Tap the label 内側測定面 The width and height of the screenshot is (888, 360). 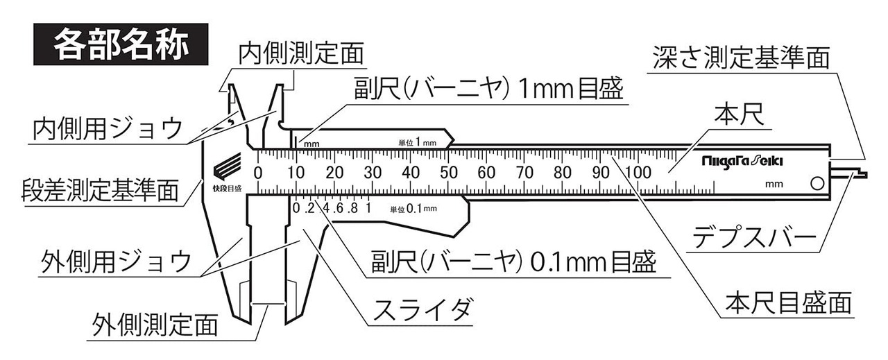pyautogui.click(x=301, y=54)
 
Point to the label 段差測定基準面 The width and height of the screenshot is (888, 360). pyautogui.click(x=96, y=189)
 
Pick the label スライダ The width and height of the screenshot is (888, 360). pyautogui.click(x=419, y=309)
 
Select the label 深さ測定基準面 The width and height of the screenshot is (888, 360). pyautogui.click(x=740, y=58)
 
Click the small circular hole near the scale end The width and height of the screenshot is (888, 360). pyautogui.click(x=817, y=184)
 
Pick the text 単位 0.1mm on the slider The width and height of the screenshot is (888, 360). pyautogui.click(x=413, y=208)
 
